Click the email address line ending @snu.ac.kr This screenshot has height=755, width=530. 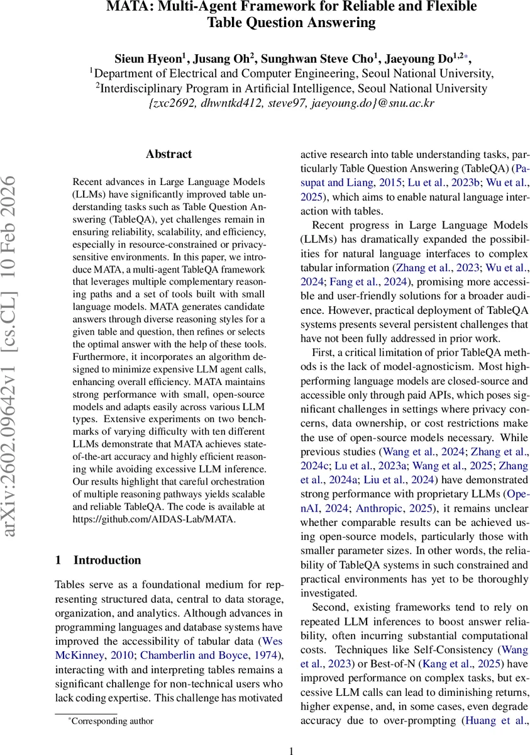(292, 103)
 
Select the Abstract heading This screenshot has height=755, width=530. (168, 154)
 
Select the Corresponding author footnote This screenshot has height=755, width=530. (113, 721)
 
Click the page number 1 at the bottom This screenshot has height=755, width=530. (291, 750)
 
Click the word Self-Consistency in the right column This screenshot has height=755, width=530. (455, 649)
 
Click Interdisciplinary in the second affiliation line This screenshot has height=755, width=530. (138, 88)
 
